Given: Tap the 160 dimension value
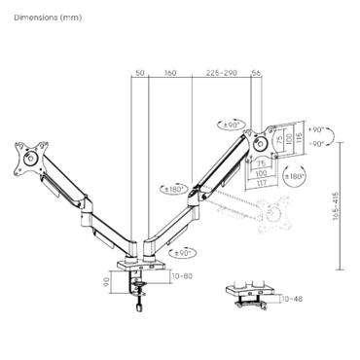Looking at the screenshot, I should point(170,72).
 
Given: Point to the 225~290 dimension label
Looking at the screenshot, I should point(222,72).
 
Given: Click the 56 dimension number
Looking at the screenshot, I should point(257,72).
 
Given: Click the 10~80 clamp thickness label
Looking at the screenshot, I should point(181,277).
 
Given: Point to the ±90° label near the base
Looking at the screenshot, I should point(181,252).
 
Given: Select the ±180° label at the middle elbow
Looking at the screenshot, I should point(172,189).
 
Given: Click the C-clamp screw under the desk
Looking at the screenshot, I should point(137,300).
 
